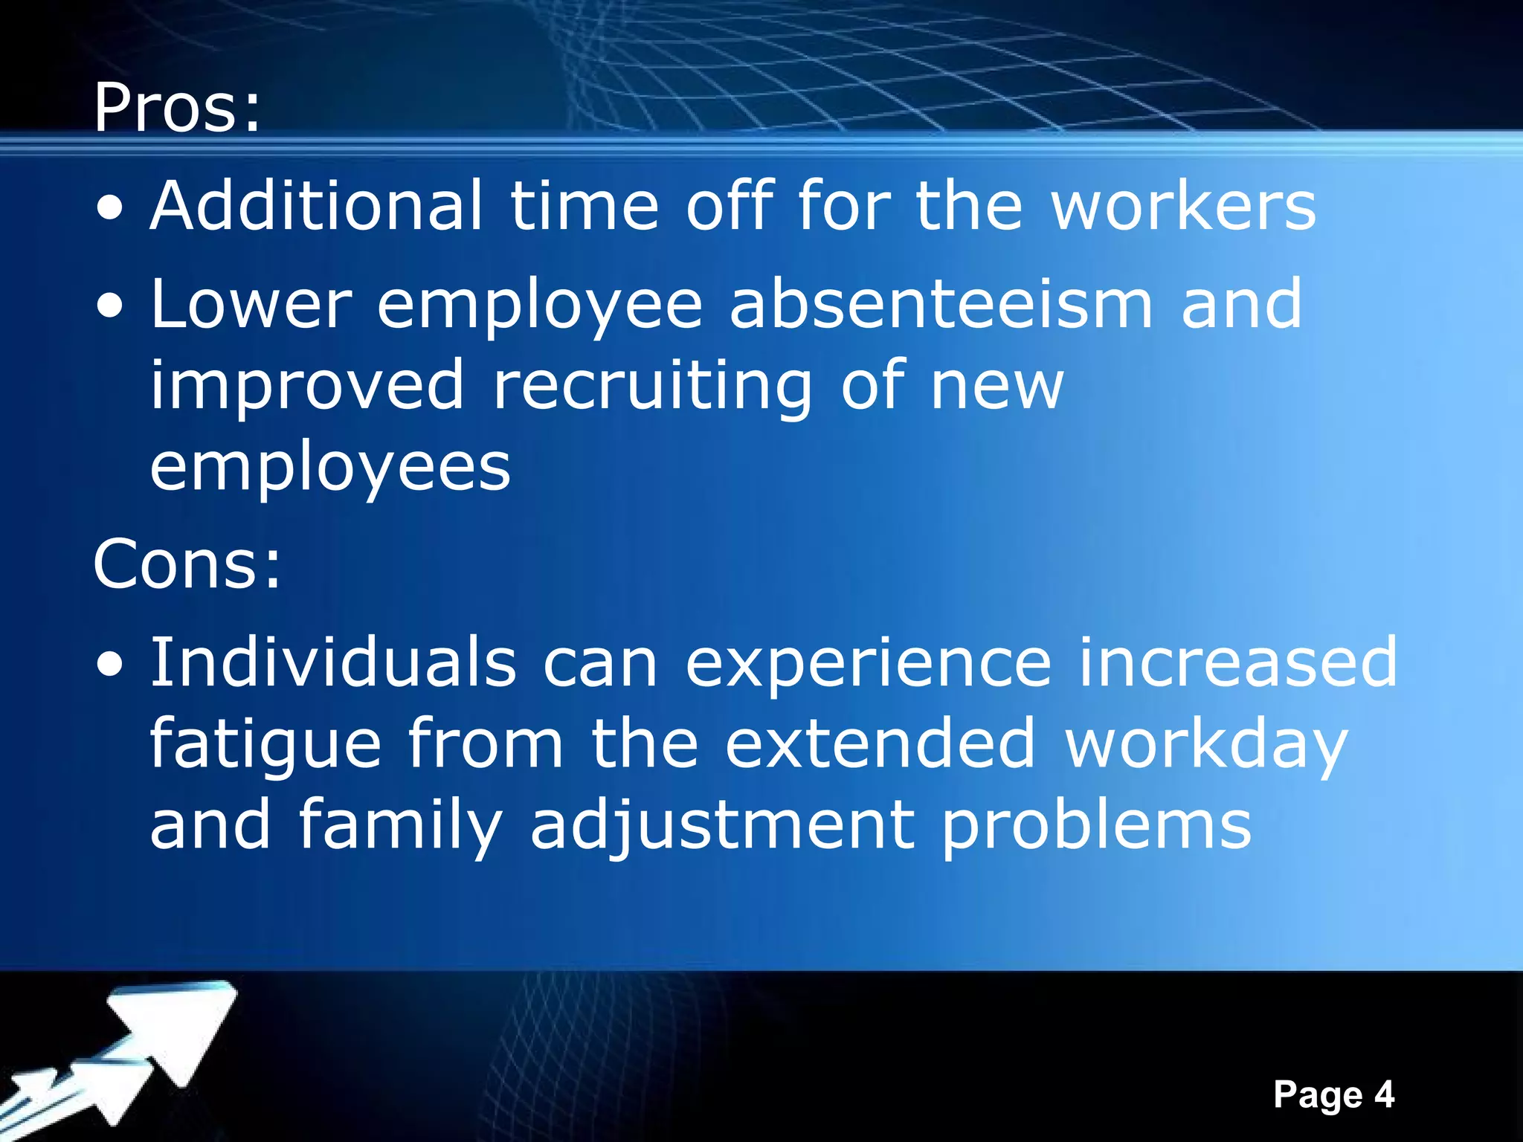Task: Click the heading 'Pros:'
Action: [177, 109]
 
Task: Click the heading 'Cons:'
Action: [187, 564]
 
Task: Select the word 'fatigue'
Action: [265, 745]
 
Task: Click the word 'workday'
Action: [1206, 745]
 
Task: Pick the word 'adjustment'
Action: [721, 825]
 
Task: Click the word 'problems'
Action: [1096, 825]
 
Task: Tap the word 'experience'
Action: [868, 663]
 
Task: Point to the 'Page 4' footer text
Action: [1333, 1094]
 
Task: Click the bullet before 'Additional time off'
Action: [110, 210]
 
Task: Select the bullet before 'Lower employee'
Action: [110, 308]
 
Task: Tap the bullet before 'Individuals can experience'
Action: [110, 666]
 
